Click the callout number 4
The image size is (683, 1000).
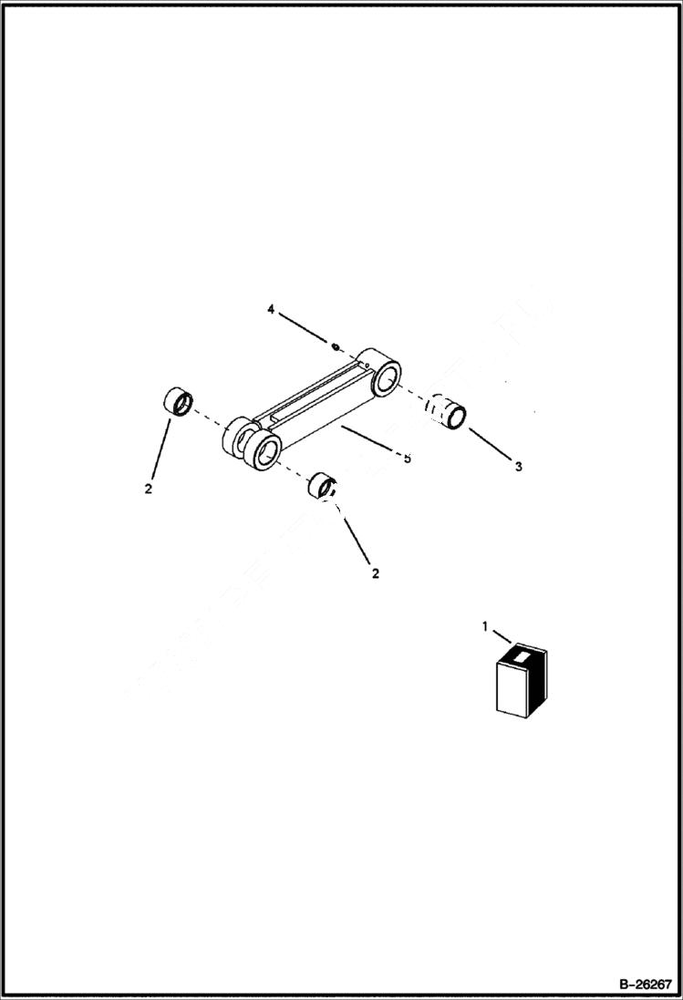(271, 310)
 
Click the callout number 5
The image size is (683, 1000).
(407, 458)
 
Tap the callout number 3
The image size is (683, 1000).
(518, 467)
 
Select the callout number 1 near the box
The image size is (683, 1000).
(485, 625)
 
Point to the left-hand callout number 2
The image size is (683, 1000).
(148, 489)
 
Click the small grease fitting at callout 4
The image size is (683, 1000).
(336, 346)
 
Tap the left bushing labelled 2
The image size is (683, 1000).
(176, 401)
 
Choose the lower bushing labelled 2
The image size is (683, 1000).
(322, 486)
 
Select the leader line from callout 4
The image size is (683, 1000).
(304, 328)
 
